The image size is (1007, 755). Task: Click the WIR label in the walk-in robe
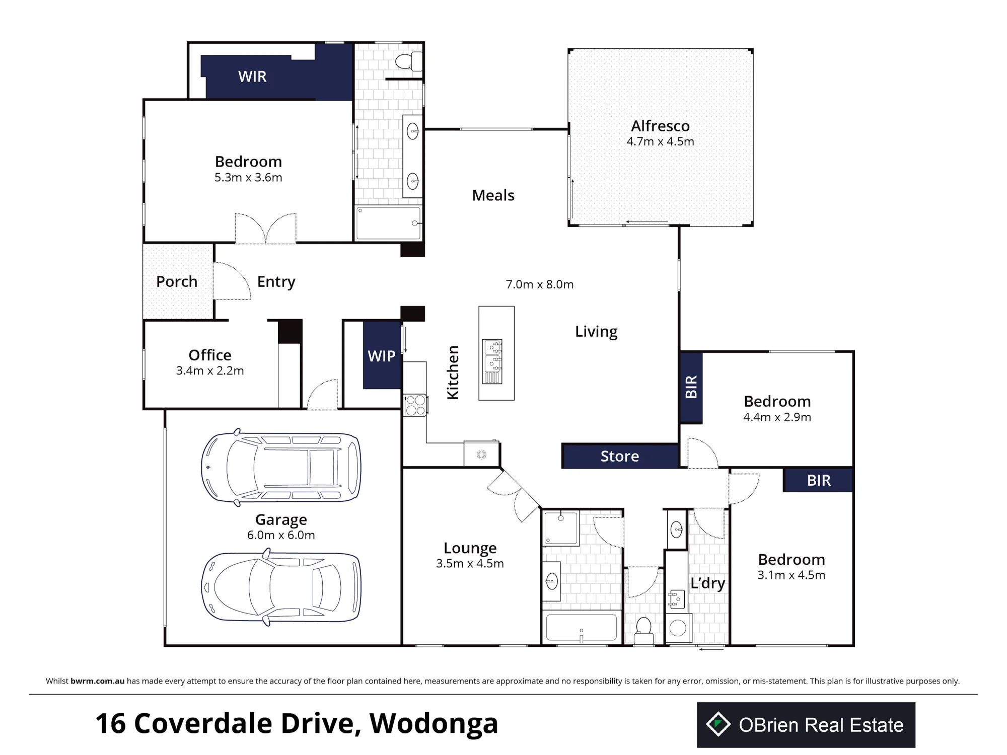pyautogui.click(x=252, y=77)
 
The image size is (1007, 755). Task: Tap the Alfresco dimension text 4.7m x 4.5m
pyautogui.click(x=660, y=141)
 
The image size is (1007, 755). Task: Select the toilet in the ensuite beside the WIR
pyautogui.click(x=409, y=61)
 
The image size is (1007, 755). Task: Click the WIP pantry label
pyautogui.click(x=382, y=356)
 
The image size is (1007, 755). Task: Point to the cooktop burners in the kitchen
pyautogui.click(x=415, y=405)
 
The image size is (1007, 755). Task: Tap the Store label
pyautogui.click(x=619, y=457)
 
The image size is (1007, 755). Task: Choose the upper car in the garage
pyautogui.click(x=281, y=468)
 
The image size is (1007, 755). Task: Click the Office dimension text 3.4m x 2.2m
pyautogui.click(x=210, y=371)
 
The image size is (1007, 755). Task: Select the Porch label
pyautogui.click(x=177, y=281)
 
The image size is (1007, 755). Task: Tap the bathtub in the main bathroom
pyautogui.click(x=582, y=628)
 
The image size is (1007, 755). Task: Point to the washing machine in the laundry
pyautogui.click(x=678, y=628)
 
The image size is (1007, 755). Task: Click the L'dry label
pyautogui.click(x=707, y=583)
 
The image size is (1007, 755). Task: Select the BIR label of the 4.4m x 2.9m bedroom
pyautogui.click(x=691, y=387)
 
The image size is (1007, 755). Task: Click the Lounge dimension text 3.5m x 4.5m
pyautogui.click(x=470, y=564)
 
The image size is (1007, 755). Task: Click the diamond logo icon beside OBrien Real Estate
pyautogui.click(x=718, y=725)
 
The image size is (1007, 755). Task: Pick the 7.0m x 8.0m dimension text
pyautogui.click(x=540, y=284)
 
